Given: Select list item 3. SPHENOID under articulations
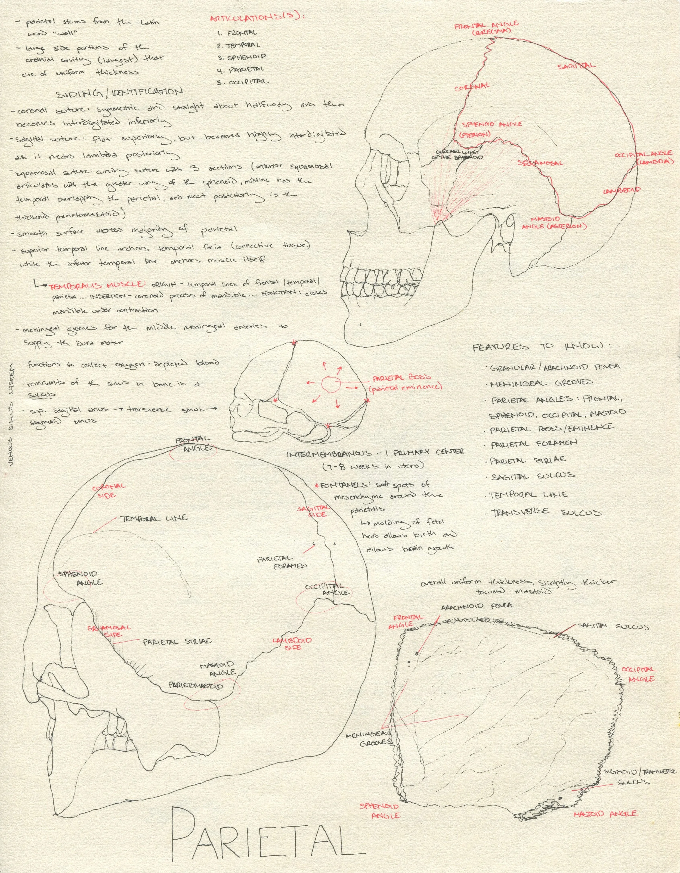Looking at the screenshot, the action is pyautogui.click(x=242, y=57).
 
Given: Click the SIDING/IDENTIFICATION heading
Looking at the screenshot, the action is pyautogui.click(x=119, y=92).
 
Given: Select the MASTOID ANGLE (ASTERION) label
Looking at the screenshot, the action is pyautogui.click(x=554, y=223).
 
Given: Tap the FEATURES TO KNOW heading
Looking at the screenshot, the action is pyautogui.click(x=542, y=346).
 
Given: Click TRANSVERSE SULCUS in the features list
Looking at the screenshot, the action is pyautogui.click(x=546, y=512).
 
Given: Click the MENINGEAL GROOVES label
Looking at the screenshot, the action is pyautogui.click(x=369, y=739).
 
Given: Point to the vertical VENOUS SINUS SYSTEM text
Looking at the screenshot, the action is pyautogui.click(x=11, y=414).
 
